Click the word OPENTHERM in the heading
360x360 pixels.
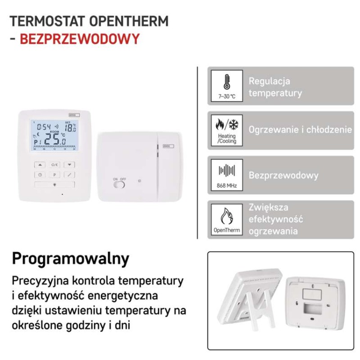point(129,21)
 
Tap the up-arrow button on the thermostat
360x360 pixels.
point(40,164)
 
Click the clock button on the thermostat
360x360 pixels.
point(40,175)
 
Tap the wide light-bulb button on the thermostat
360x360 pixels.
point(54,184)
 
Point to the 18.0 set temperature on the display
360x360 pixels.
point(71,128)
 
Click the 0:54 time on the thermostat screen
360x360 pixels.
point(44,127)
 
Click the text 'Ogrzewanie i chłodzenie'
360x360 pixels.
point(300,130)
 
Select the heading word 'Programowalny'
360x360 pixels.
point(71,259)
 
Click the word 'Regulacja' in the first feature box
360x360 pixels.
point(269,81)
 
